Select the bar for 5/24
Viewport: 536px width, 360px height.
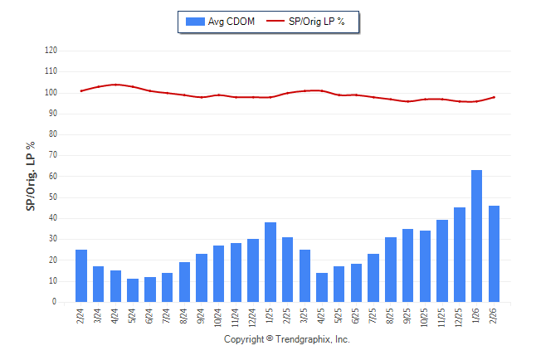(x=133, y=290)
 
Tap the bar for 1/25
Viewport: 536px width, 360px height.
(x=270, y=262)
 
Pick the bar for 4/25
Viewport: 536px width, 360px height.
(x=322, y=287)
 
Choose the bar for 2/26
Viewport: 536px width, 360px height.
(x=494, y=254)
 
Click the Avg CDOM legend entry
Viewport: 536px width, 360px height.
(x=222, y=22)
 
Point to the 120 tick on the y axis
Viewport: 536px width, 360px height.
(x=51, y=51)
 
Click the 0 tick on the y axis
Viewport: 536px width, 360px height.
(x=54, y=302)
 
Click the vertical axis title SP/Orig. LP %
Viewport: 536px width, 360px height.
(x=31, y=176)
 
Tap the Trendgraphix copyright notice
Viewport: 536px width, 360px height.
(x=287, y=339)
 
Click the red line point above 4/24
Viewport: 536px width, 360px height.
(x=115, y=85)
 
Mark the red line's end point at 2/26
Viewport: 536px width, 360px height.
(x=495, y=97)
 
